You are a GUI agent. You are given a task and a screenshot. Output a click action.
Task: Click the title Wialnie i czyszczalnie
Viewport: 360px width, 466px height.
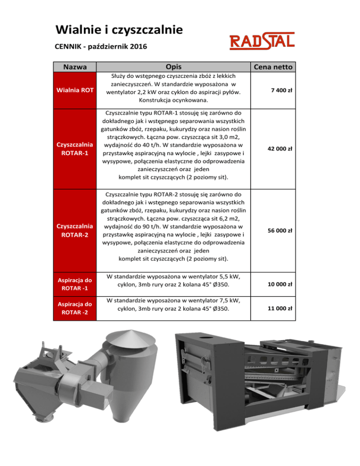click(x=119, y=30)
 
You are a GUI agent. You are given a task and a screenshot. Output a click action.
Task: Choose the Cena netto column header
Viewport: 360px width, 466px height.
click(x=272, y=67)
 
